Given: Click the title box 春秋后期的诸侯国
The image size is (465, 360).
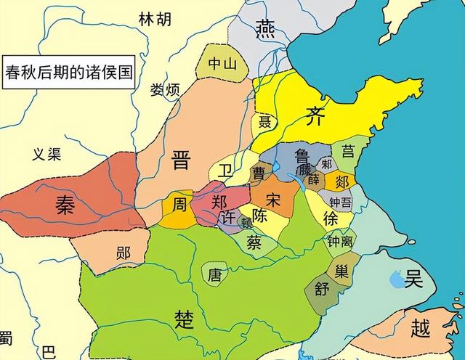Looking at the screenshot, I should pos(68,73).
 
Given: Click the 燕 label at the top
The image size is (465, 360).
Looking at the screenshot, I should pos(264,28).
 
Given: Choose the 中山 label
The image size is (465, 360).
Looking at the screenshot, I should pos(222,64).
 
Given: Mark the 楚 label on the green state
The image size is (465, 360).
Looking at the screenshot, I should pos(185,317).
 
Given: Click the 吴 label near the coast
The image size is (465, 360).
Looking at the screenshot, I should pos(413,278).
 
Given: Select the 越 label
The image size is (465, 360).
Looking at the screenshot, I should pos(421,329).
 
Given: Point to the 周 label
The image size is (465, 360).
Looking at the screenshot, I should pos(179,205).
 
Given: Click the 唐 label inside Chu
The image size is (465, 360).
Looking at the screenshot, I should pos(214,274).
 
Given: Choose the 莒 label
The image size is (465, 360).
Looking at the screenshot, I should pos(349,151).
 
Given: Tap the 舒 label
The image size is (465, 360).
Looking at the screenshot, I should pos(323,288).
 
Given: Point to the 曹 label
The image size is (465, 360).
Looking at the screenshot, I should pos(259,173).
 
